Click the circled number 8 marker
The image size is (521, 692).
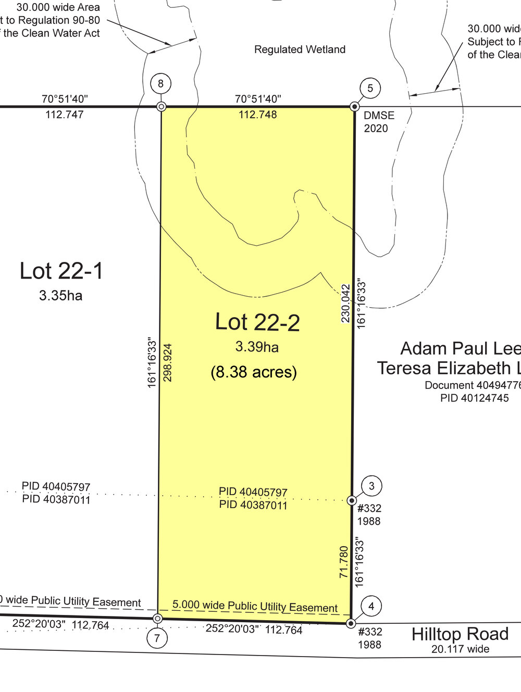161,83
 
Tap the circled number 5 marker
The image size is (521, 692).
370,88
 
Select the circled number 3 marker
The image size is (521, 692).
371,486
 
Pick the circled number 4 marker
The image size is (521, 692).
371,606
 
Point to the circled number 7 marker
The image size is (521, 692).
157,638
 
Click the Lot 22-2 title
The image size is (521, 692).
257,322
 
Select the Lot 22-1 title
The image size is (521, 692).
61,271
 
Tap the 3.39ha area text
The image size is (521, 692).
257,347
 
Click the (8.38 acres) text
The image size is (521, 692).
254,372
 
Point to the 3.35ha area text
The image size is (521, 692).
60,296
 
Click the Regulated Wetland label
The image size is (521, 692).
300,49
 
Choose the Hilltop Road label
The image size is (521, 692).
460,634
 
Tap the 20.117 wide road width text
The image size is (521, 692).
461,649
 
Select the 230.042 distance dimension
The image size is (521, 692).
346,303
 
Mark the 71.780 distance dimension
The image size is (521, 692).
344,562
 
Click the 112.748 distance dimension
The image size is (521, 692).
258,115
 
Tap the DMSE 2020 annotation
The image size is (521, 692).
379,122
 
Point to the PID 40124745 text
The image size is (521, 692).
475,398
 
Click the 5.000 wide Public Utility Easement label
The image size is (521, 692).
255,606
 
